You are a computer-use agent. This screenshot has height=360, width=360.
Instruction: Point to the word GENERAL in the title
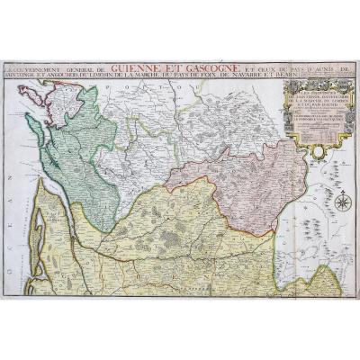pos(91,67)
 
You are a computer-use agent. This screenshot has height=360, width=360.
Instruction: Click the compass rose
pos(341,203)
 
